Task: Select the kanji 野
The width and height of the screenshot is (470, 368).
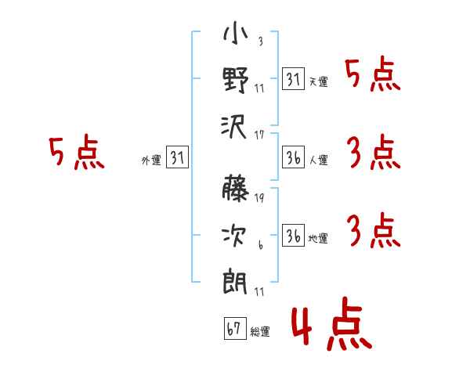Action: (x=236, y=80)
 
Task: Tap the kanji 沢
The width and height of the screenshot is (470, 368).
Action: (x=234, y=127)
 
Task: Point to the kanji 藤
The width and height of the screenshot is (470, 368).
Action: (x=236, y=188)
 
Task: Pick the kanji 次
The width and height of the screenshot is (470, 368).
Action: (x=234, y=235)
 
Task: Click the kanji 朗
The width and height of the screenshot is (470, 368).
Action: (x=235, y=282)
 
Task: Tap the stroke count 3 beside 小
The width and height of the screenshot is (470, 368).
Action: (x=261, y=41)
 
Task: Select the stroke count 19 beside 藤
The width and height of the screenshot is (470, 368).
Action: (x=259, y=197)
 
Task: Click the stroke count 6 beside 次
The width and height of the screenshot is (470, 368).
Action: (x=261, y=245)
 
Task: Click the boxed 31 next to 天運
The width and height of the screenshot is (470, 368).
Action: (x=293, y=78)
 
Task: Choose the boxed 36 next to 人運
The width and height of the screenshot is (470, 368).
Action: (x=293, y=157)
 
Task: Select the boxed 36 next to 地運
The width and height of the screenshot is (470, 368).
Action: (x=293, y=235)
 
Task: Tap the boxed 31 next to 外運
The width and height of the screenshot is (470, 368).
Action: (x=177, y=157)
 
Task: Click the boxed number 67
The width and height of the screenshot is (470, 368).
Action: (x=235, y=328)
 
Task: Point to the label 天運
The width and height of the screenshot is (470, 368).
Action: (x=319, y=81)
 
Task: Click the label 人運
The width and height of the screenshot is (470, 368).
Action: (x=319, y=160)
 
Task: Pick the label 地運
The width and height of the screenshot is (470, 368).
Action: (x=318, y=239)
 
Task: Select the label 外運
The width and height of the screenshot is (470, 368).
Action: (x=151, y=161)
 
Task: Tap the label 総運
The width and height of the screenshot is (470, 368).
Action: (x=260, y=331)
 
